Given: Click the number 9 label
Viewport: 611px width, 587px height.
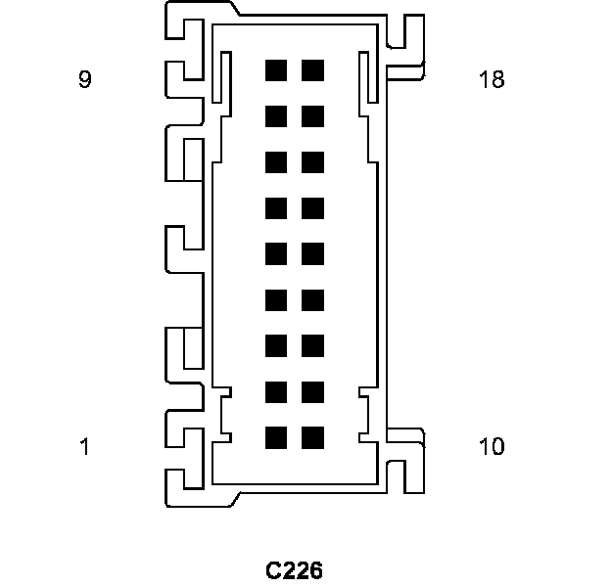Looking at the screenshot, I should pos(85,79).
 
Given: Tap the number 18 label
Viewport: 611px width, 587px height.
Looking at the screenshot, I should pos(492,79).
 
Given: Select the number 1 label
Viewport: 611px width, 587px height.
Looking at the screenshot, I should pos(85,447).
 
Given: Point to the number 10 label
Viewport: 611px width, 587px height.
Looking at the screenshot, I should pos(492,447).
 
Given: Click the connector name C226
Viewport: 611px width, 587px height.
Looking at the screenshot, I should pos(294,569).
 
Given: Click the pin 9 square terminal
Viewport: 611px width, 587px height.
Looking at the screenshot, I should pos(276,70).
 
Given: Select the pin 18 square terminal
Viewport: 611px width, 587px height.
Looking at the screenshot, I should pos(313,70).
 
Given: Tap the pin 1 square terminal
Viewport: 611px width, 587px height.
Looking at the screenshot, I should pos(276,437).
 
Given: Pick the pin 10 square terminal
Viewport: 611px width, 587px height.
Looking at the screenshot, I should pos(313,437).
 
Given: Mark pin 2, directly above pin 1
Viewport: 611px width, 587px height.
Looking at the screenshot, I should pos(276,391).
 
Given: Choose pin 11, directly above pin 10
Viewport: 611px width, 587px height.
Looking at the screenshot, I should pos(313,391).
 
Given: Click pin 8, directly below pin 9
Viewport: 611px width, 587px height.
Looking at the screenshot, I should pos(276,116).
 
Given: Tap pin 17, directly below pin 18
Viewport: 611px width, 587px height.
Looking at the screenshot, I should pos(313,116).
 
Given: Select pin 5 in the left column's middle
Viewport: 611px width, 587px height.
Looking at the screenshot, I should pos(276,253).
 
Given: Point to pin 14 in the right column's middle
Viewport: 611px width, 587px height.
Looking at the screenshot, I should pos(313,253).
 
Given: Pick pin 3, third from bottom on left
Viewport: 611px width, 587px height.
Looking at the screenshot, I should pos(276,345).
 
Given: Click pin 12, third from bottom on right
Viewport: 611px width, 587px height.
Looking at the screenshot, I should pos(313,345).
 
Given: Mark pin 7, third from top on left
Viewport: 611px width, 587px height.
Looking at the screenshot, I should pos(276,162).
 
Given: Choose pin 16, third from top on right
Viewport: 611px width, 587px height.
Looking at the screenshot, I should pos(313,162).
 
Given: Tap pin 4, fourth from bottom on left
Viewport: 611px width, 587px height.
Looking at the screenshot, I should pos(276,299).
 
